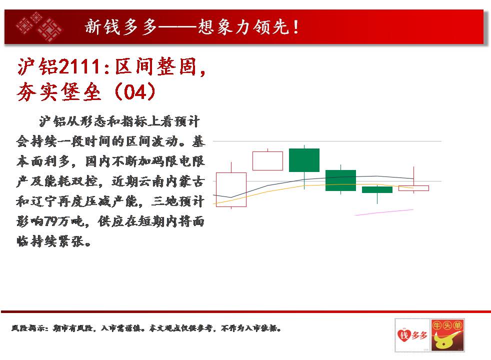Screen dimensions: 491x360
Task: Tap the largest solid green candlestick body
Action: click(x=304, y=160)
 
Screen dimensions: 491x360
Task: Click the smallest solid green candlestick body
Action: click(x=377, y=189)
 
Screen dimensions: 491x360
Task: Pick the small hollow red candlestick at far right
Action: click(x=413, y=188)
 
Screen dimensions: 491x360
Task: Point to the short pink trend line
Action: click(x=384, y=212)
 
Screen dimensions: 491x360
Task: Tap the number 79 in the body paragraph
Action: click(x=50, y=221)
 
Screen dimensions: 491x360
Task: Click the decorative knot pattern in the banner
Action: click(x=39, y=27)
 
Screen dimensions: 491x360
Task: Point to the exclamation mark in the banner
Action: click(x=295, y=27)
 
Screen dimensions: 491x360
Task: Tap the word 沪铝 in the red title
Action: click(x=37, y=67)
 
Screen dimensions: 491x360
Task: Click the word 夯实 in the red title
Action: click(x=37, y=92)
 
